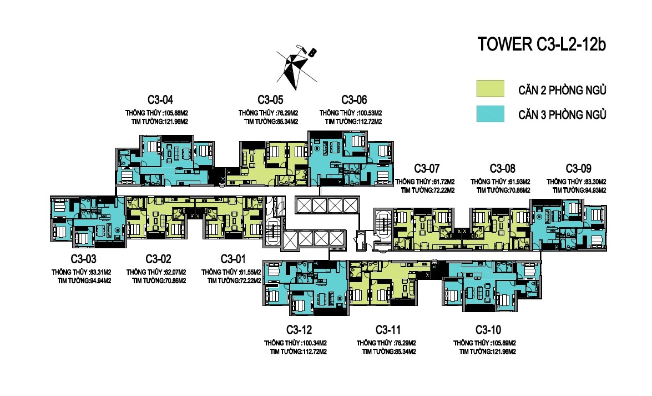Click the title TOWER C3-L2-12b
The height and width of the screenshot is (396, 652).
pyautogui.click(x=542, y=44)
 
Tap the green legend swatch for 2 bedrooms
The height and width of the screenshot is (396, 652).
pyautogui.click(x=490, y=89)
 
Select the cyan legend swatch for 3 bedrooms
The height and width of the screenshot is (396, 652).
pyautogui.click(x=490, y=114)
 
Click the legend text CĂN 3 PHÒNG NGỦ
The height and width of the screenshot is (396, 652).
pyautogui.click(x=562, y=114)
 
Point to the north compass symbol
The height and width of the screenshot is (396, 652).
pyautogui.click(x=296, y=67)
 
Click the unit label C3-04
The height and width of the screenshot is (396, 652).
pyautogui.click(x=160, y=100)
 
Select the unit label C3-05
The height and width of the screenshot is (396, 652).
pyautogui.click(x=270, y=100)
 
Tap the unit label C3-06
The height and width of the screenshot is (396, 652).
pyautogui.click(x=354, y=100)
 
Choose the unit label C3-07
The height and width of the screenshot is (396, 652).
pyautogui.click(x=427, y=169)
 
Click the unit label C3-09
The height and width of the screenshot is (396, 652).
pyautogui.click(x=578, y=169)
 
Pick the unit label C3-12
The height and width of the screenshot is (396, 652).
pyautogui.click(x=299, y=330)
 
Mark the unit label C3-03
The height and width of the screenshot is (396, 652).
pyautogui.click(x=84, y=259)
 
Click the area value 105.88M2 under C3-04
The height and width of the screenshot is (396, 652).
pyautogui.click(x=176, y=113)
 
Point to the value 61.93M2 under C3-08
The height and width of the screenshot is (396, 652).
pyautogui.click(x=518, y=182)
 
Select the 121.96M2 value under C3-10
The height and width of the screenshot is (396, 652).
pyautogui.click(x=504, y=352)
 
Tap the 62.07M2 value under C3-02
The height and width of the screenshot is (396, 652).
pyautogui.click(x=175, y=272)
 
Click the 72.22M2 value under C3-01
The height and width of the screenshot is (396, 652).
pyautogui.click(x=250, y=280)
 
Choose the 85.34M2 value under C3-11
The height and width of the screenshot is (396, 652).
pyautogui.click(x=405, y=352)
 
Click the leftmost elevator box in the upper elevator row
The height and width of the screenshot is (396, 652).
pyautogui.click(x=304, y=205)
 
